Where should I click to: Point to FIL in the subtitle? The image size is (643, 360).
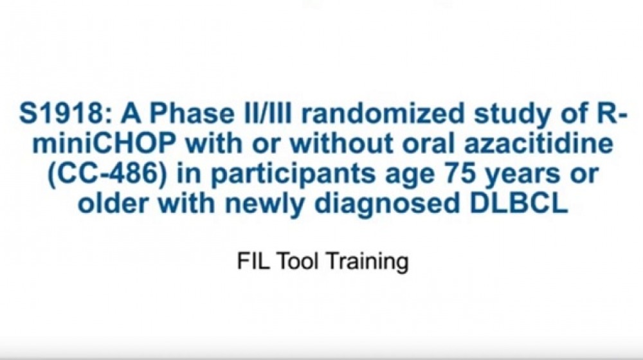coord(248,262)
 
